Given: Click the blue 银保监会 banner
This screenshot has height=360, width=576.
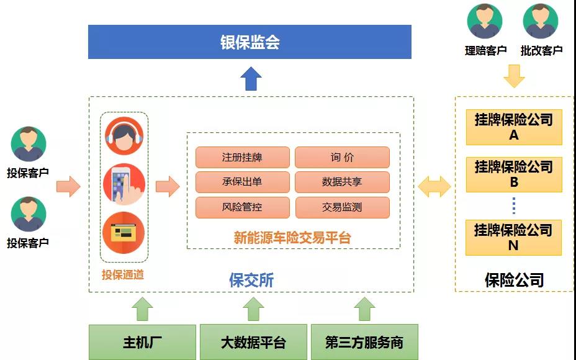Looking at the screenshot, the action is point(250,42).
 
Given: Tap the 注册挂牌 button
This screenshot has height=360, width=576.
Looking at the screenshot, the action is point(243,157).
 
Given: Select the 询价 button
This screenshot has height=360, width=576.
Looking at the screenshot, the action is point(342,157).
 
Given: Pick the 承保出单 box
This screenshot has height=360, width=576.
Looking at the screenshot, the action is point(243,182).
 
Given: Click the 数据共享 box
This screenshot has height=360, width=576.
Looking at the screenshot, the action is point(342,182).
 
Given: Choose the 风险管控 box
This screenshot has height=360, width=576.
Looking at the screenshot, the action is point(243,207).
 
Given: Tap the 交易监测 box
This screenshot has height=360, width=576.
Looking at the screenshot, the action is point(342,207).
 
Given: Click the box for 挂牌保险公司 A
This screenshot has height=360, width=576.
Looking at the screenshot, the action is point(514,127).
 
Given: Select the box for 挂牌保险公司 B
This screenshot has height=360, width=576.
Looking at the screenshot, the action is point(514,174).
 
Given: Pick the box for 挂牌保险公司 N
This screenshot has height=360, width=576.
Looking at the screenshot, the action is point(513,238).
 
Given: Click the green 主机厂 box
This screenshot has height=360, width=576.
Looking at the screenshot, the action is point(142,342).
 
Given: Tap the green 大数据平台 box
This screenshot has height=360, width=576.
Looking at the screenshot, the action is point(253,342).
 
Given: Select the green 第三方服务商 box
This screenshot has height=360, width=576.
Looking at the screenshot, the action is point(364,342).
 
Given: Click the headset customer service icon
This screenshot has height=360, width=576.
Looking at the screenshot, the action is point(124,136).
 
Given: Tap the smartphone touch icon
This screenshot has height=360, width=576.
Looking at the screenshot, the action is point(124,184).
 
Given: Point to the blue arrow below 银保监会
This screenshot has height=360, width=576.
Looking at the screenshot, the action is point(251,79).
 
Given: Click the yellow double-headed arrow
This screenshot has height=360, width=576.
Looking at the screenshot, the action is point(434,186).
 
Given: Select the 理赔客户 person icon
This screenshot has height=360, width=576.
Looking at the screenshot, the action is point(485,21).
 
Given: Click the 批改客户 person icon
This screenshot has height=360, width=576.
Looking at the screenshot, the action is point(541,21).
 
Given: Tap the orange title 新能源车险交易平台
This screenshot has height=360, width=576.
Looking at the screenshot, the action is point(292,238).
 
